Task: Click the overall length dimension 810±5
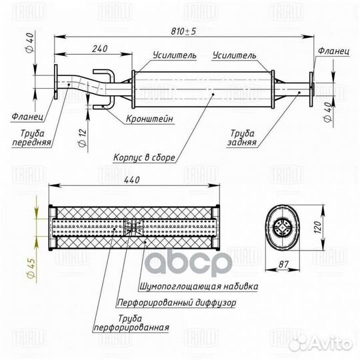(x=183, y=31)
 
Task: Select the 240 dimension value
(x=100, y=49)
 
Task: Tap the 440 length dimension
(x=132, y=180)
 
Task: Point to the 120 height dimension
(x=317, y=227)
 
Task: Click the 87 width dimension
(x=283, y=264)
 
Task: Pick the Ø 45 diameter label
(x=31, y=268)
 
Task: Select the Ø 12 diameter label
(x=82, y=138)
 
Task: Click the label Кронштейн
(x=149, y=119)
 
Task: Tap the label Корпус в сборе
(x=144, y=157)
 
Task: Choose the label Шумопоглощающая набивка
(x=199, y=286)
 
